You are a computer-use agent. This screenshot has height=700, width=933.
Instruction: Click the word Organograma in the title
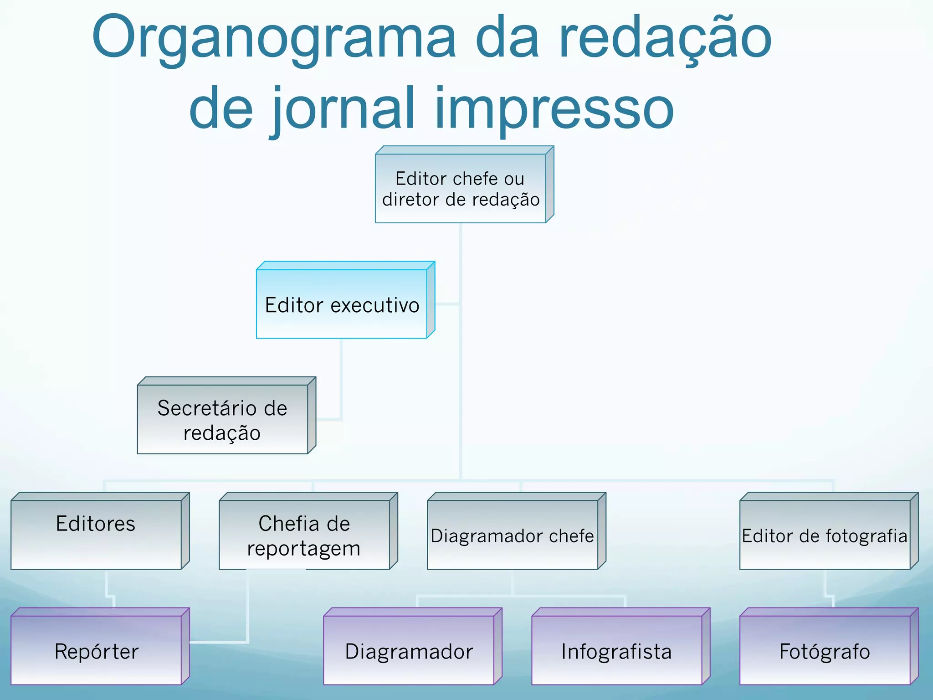point(273,39)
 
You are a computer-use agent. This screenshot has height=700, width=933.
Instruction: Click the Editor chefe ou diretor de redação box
point(461,188)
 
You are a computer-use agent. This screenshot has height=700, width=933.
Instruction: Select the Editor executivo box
point(342,304)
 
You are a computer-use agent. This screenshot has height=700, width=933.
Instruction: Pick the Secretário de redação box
point(223,419)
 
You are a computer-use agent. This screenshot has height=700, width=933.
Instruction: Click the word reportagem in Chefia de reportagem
point(304,548)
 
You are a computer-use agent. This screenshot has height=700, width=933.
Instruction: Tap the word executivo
point(374,305)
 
